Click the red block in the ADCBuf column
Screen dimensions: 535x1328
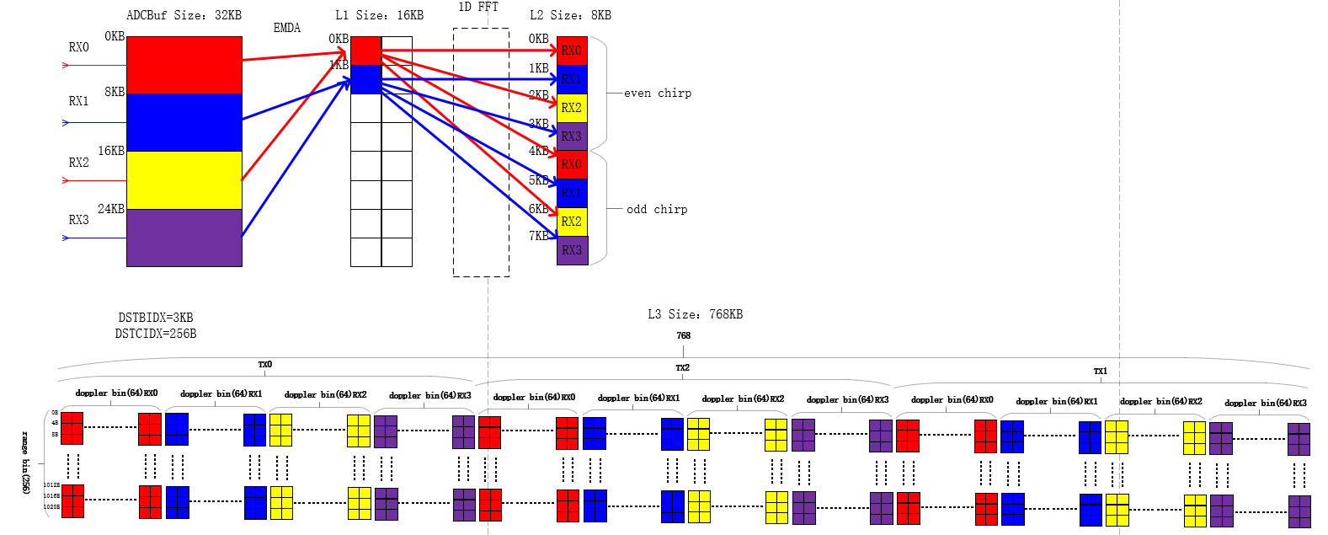184,65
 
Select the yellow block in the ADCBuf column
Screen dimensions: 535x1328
184,180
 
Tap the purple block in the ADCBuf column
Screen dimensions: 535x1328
184,238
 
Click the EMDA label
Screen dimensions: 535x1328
287,28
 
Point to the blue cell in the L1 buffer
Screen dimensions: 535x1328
365,79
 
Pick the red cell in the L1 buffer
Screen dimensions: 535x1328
365,51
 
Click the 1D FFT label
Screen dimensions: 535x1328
478,7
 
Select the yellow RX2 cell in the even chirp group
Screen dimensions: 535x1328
572,108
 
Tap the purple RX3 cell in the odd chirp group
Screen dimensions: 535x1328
572,250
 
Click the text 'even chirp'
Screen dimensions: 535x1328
658,94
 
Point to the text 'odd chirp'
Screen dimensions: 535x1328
657,209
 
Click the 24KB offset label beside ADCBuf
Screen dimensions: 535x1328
111,209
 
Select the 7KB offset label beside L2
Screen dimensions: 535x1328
539,236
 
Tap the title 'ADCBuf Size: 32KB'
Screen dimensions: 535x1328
184,15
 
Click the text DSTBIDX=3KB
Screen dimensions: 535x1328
156,318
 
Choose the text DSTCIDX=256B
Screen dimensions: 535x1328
156,334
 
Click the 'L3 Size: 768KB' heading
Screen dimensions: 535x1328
695,314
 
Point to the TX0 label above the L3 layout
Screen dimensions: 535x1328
265,365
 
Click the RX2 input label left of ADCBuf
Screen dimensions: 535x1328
79,163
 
